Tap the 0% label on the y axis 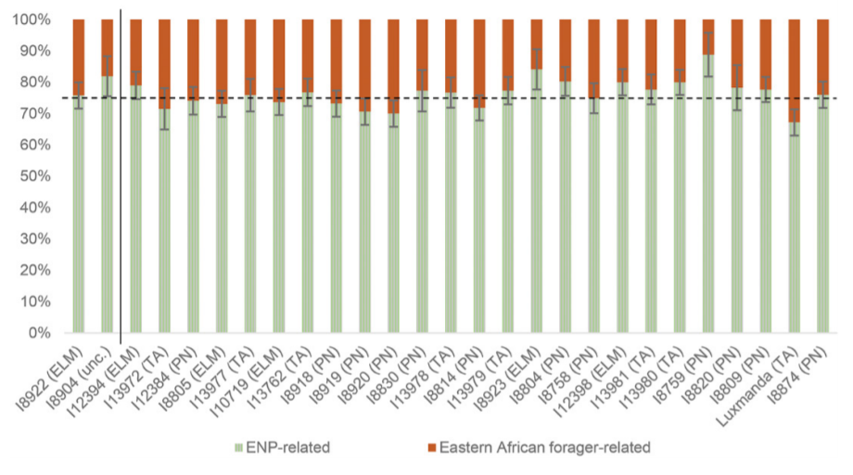41,333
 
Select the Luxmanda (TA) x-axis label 767,380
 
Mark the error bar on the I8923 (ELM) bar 537,69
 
